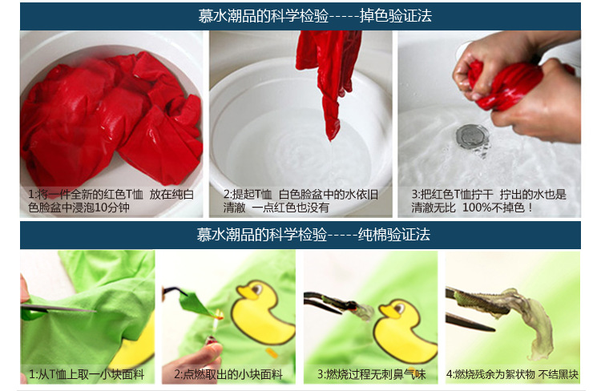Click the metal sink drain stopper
[x=472, y=136]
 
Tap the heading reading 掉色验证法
[x=396, y=16]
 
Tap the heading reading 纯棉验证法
[x=394, y=234]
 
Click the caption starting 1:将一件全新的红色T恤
[x=111, y=200]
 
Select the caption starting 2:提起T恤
[x=300, y=200]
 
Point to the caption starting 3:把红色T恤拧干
[x=489, y=200]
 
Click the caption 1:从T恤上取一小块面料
[x=87, y=374]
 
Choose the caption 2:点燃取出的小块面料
[x=228, y=374]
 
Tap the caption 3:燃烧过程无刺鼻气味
[x=371, y=374]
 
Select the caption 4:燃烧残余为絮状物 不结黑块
[x=513, y=374]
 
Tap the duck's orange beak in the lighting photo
[x=246, y=293]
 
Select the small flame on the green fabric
[x=219, y=315]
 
